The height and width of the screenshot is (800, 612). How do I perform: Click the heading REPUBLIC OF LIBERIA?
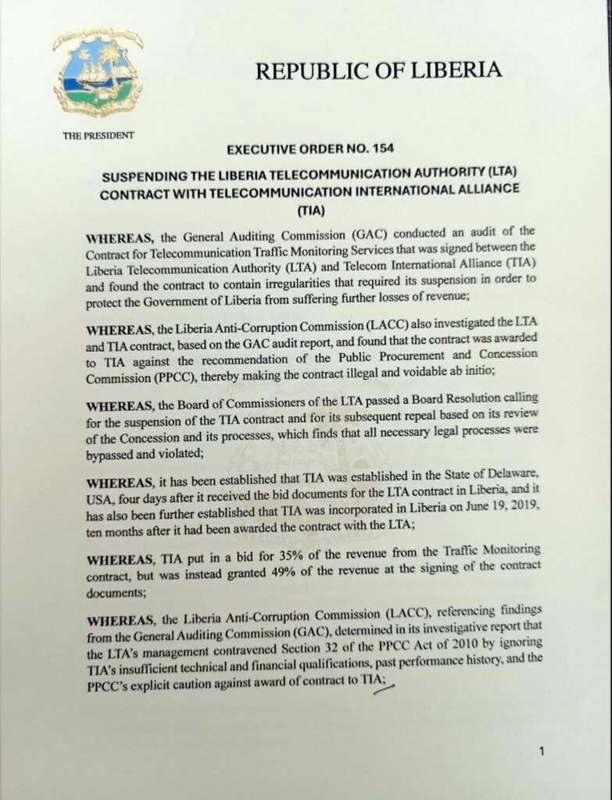[x=378, y=70]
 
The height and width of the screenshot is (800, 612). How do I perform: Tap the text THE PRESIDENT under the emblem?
[x=98, y=135]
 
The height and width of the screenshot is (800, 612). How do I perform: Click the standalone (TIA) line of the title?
[x=311, y=210]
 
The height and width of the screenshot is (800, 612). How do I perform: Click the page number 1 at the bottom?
[x=541, y=751]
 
